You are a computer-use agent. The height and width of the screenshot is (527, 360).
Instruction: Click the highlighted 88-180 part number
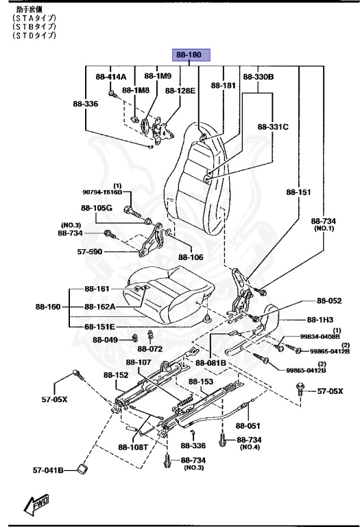tap(191, 55)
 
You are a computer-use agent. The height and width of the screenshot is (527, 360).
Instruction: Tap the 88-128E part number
tap(180, 90)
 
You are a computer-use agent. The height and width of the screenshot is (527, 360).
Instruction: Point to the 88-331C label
tap(274, 127)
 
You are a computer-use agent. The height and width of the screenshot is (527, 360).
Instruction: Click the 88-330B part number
tap(259, 77)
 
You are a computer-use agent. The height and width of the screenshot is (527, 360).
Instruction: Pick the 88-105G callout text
tap(96, 207)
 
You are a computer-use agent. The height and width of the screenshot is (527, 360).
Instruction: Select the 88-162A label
tap(100, 307)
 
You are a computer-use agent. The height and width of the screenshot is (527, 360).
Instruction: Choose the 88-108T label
tap(132, 447)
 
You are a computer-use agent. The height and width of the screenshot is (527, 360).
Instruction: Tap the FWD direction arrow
tap(36, 505)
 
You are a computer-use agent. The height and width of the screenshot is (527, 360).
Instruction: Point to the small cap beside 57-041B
tap(84, 469)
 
